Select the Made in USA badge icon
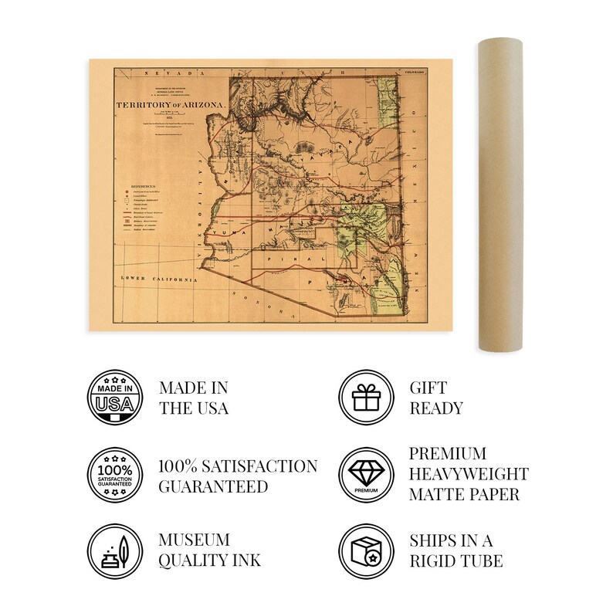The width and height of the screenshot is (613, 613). coord(115,397)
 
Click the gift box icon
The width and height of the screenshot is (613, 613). coord(366,397)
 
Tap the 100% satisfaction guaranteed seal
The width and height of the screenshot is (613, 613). coord(115,476)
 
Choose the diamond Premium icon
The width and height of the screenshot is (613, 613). coord(366,476)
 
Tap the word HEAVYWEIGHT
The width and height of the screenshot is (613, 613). coord(469,474)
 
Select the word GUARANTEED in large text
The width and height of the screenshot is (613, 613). coord(213,486)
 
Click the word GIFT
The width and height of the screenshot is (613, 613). coord(427,387)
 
